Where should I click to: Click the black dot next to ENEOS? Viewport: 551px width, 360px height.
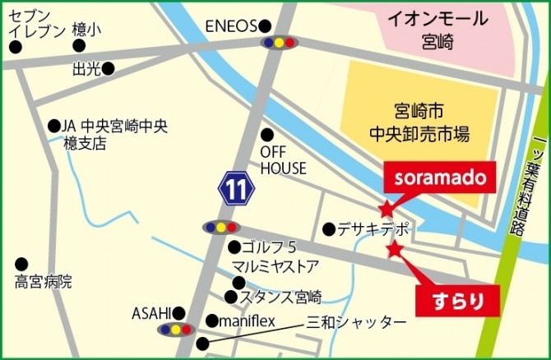pos(265,25)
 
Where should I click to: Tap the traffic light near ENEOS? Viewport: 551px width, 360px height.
pos(279,42)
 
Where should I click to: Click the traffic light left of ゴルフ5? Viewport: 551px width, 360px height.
pos(220,227)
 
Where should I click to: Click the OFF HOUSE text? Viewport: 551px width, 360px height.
pos(283,160)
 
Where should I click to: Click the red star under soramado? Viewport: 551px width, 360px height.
pos(387,210)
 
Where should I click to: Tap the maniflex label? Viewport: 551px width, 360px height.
pos(245,321)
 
